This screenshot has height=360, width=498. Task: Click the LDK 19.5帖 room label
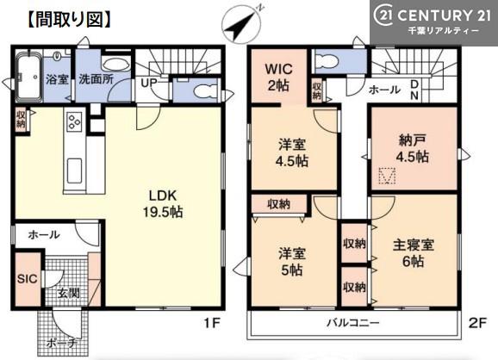click(163, 204)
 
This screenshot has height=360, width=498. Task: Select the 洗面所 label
click(96, 79)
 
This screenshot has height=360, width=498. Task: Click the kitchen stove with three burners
click(74, 121)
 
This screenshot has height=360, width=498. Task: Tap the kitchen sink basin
click(74, 171)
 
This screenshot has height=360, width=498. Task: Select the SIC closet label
click(28, 279)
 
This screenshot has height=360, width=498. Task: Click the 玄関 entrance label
click(69, 293)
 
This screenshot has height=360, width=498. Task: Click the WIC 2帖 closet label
click(278, 78)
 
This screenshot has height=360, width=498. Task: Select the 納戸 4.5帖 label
click(412, 149)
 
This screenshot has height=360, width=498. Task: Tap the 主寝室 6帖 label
click(414, 253)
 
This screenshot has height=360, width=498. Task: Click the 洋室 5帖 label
click(292, 262)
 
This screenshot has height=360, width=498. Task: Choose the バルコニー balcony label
click(353, 323)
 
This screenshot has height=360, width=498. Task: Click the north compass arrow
click(240, 24)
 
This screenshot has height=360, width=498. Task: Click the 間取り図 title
click(69, 20)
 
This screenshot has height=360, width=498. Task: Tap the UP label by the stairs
click(149, 84)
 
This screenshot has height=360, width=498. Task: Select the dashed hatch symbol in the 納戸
click(387, 177)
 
